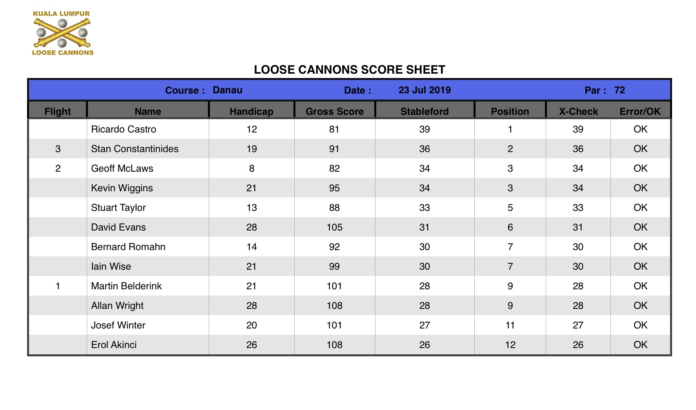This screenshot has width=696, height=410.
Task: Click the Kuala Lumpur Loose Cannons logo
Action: (62, 33)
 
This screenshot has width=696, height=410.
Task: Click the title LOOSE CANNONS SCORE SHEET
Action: (349, 70)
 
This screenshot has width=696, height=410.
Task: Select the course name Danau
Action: (227, 90)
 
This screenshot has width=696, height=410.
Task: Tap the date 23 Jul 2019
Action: (425, 90)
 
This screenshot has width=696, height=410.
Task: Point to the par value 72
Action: (619, 90)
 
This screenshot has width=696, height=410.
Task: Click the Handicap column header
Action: (251, 111)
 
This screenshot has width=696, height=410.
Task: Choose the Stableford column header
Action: (425, 111)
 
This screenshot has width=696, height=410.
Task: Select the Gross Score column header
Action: (334, 111)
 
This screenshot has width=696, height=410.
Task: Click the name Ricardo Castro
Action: (123, 129)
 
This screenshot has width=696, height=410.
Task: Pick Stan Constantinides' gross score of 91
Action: (334, 149)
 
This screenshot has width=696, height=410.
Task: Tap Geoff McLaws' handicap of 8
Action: (251, 169)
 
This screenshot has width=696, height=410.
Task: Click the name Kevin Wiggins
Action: (122, 188)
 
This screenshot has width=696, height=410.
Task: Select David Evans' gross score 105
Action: (334, 227)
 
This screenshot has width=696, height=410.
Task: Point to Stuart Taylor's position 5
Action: (510, 208)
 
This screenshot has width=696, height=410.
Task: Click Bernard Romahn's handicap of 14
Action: (251, 247)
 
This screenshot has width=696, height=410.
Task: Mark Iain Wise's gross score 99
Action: (334, 267)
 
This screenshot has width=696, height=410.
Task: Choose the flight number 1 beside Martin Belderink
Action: (58, 286)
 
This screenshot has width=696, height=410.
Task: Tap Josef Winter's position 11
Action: (510, 325)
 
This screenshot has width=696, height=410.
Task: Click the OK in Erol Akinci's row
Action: (640, 345)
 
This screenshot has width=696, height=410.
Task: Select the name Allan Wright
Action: (117, 306)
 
